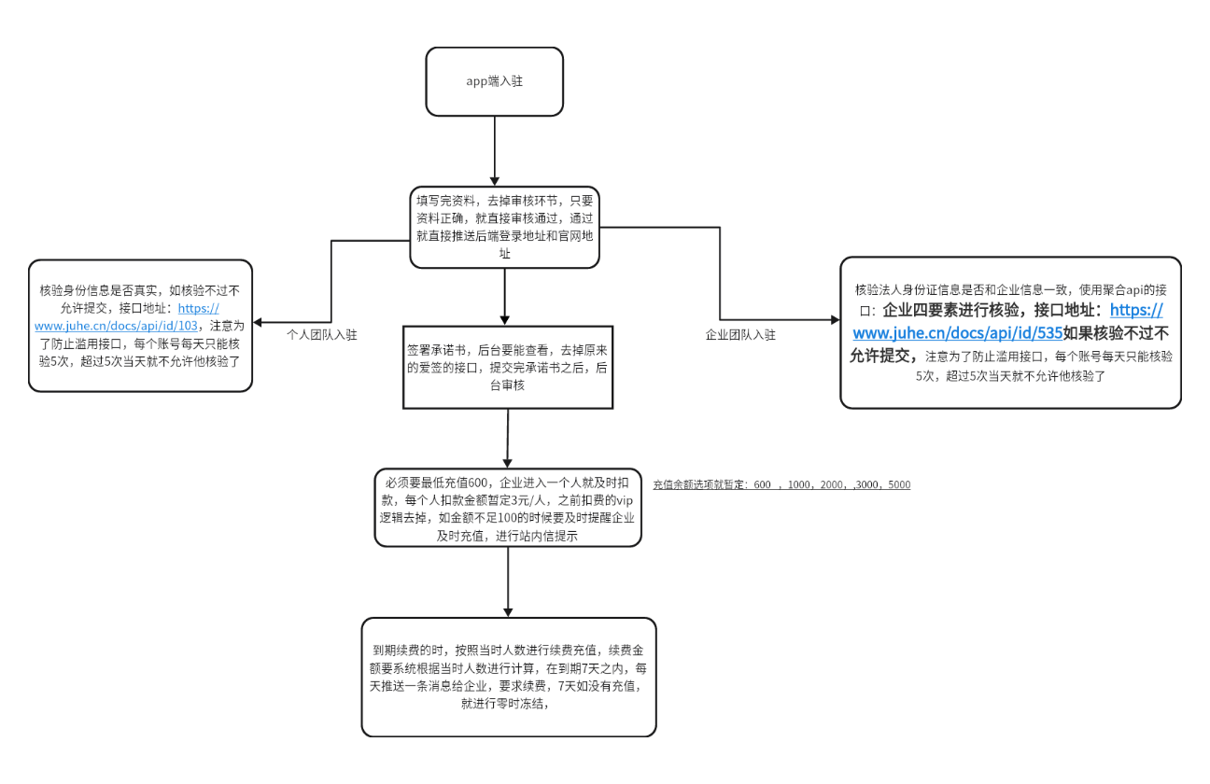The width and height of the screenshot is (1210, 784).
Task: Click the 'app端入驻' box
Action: pyautogui.click(x=494, y=81)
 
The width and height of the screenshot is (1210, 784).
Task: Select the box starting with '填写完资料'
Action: pyautogui.click(x=504, y=227)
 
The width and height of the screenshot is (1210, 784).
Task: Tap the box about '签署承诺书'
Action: pyautogui.click(x=507, y=367)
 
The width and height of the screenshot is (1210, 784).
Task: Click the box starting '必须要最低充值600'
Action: pyautogui.click(x=507, y=507)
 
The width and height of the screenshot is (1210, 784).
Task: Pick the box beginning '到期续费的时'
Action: pyautogui.click(x=508, y=677)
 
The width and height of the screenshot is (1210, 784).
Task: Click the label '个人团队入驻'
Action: pyautogui.click(x=322, y=334)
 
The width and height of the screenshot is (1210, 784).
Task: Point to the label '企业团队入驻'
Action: pyautogui.click(x=740, y=334)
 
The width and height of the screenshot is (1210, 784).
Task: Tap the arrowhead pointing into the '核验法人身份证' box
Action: pyautogui.click(x=834, y=319)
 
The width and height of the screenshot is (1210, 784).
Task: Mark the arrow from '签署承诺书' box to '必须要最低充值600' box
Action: pyautogui.click(x=507, y=438)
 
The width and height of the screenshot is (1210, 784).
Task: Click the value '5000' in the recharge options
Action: pyautogui.click(x=898, y=485)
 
